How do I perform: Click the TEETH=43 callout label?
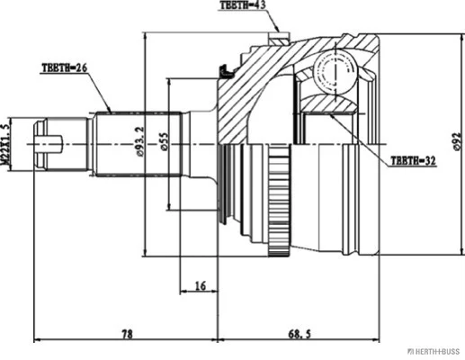point(243,5)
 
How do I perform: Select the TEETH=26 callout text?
point(65,67)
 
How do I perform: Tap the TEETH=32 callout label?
point(414,161)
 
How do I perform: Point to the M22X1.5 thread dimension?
point(5,145)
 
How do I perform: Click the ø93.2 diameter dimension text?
point(140,141)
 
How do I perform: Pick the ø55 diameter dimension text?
point(165,141)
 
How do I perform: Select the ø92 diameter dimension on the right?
point(456,140)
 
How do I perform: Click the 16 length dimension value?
point(200,285)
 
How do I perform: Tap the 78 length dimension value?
point(127,334)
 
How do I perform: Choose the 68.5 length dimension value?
point(300,334)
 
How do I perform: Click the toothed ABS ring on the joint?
point(280,201)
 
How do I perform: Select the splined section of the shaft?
point(139,145)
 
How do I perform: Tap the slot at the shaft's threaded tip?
point(49,145)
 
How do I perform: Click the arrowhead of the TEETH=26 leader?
point(109,110)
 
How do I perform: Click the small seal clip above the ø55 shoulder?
point(227,71)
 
